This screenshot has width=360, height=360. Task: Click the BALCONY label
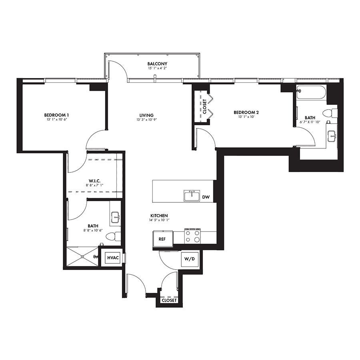pos(157,64)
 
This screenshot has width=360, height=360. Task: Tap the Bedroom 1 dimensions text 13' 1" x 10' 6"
pos(56,120)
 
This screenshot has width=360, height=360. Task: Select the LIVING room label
pos(146,115)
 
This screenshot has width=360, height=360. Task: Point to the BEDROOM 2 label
pos(246,112)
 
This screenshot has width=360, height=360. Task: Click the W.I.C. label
pos(94,181)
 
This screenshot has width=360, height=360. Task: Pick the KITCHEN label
pos(159,216)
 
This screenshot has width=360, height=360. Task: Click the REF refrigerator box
pos(163,239)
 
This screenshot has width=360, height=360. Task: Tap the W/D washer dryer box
pos(190,259)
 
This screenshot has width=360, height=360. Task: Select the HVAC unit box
pos(113,258)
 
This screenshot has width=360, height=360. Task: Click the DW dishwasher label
pos(206,197)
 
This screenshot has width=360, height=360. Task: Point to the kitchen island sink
pos(192,196)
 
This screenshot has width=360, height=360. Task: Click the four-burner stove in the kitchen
pos(192,236)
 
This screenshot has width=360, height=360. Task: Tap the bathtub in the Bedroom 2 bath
pos(311,92)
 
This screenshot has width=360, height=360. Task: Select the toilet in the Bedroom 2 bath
pos(330,113)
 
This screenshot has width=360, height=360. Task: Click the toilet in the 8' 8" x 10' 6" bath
pos(114,236)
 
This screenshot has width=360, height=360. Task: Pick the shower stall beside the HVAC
pos(82,256)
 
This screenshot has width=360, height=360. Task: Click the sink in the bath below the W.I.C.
pos(116,217)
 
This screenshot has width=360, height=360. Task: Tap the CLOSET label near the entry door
pos(169,300)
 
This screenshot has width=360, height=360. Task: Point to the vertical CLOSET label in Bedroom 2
pos(205,106)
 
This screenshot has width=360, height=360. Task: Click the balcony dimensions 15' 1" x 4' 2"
pos(157,68)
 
